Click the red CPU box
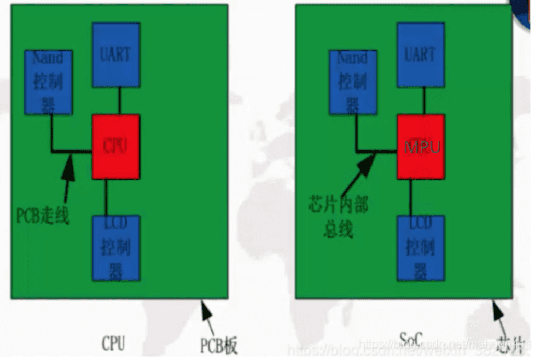[115, 146]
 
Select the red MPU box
[421, 146]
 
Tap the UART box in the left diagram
[115, 54]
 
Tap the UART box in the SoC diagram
[421, 54]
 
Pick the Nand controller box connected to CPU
[48, 82]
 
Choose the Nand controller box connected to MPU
[353, 82]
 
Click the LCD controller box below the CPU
[115, 247]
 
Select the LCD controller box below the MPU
[421, 247]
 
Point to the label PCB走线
[43, 215]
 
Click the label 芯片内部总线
[339, 217]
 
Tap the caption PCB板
[218, 345]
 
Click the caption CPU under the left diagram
[113, 343]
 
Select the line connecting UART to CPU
[119, 100]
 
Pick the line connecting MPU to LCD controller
[411, 197]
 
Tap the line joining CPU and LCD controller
[106, 197]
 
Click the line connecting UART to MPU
[424, 100]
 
